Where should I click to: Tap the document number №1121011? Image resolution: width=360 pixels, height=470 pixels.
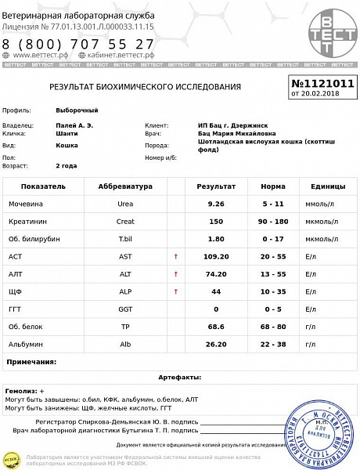tap(322, 82)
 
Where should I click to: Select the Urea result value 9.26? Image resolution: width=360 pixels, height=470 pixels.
tap(216, 204)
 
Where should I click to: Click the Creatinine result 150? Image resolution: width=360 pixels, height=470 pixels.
tap(216, 221)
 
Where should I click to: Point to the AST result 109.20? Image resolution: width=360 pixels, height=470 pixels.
tap(216, 256)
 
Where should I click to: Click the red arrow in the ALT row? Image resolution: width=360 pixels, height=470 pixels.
tap(175, 273)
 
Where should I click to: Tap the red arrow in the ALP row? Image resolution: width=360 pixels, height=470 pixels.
tap(175, 291)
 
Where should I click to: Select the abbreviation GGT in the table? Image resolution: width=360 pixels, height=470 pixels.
tap(125, 309)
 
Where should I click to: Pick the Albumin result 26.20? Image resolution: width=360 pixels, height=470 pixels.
tap(216, 343)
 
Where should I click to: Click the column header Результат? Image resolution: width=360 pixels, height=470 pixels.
tap(216, 186)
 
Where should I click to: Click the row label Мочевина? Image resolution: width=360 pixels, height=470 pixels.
tap(27, 204)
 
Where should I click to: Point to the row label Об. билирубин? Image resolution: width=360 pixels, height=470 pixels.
tap(34, 239)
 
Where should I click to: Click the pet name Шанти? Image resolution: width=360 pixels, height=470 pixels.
tap(67, 134)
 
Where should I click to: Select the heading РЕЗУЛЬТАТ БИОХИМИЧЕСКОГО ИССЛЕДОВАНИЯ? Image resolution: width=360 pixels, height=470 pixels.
tap(145, 87)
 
